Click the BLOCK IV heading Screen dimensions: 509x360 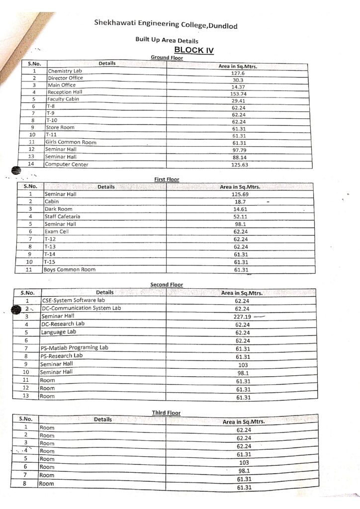pyautogui.click(x=194, y=50)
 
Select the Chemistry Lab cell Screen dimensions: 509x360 pyautogui.click(x=65, y=71)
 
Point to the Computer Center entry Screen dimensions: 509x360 pyautogui.click(x=67, y=164)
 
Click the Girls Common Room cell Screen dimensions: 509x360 pyautogui.click(x=71, y=143)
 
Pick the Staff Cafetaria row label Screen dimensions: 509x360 pyautogui.click(x=62, y=217)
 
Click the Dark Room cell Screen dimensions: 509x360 pyautogui.click(x=59, y=209)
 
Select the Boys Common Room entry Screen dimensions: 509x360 pyautogui.click(x=70, y=269)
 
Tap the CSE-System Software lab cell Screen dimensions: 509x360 pyautogui.click(x=74, y=300)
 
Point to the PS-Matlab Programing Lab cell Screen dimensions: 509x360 pyautogui.click(x=75, y=347)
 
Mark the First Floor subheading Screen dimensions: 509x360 pyautogui.click(x=166, y=179)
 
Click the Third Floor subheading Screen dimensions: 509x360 pyautogui.click(x=166, y=413)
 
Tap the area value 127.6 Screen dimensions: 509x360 pyautogui.click(x=239, y=73)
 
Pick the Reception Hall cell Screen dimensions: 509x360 pyautogui.click(x=65, y=92)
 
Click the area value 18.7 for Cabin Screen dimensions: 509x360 pyautogui.click(x=240, y=202)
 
